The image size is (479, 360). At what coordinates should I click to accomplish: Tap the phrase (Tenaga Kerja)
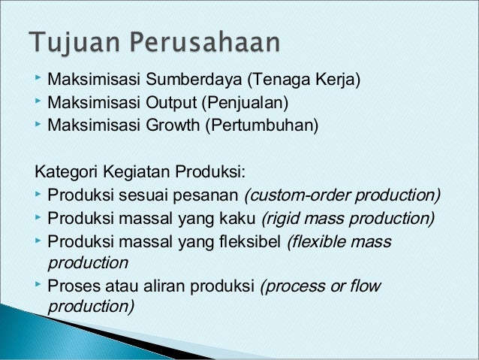point(305,79)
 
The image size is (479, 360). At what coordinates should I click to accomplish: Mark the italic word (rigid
point(278,219)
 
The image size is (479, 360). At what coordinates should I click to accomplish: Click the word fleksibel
point(249,241)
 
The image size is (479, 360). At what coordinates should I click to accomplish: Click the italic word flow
point(366,286)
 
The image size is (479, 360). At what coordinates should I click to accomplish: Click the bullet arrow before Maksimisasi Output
point(38,99)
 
